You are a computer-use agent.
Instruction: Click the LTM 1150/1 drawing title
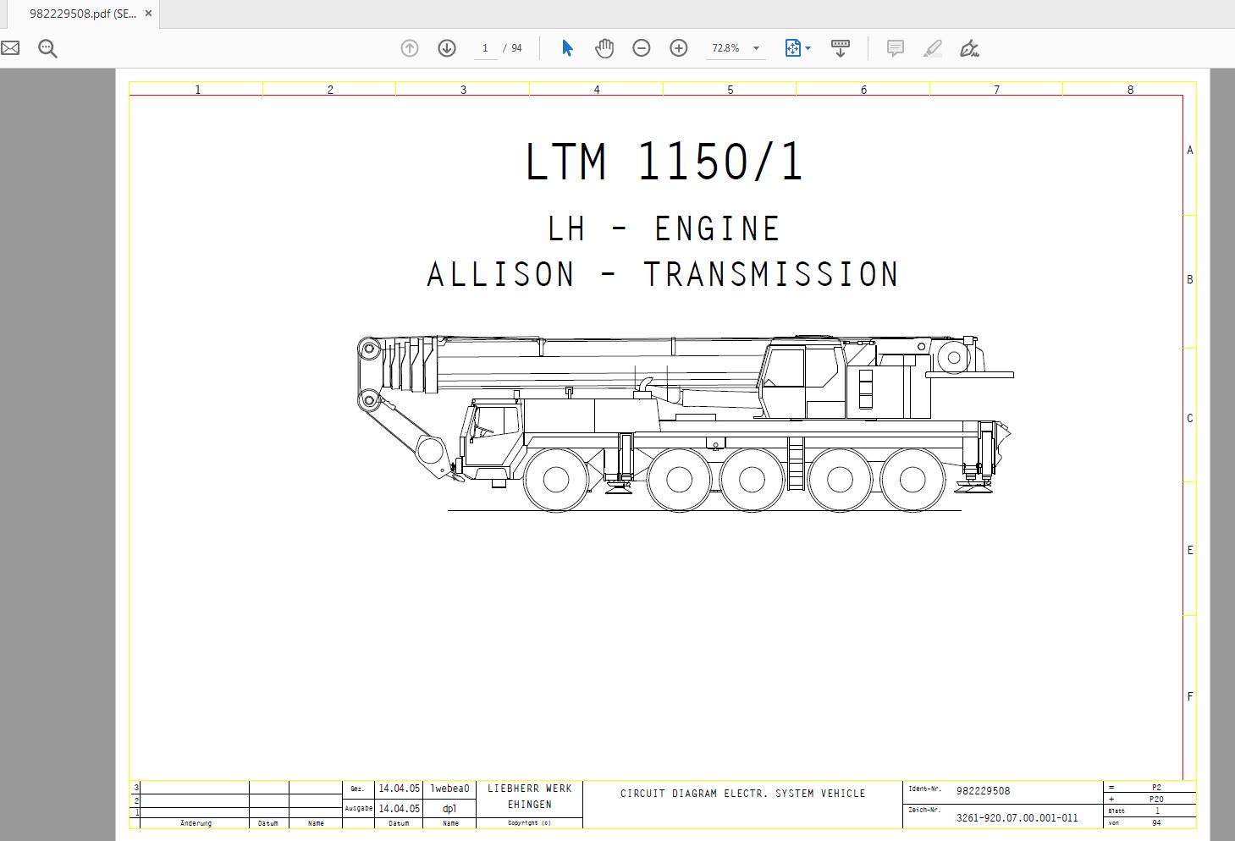click(664, 162)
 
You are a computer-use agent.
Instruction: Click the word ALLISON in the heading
click(500, 274)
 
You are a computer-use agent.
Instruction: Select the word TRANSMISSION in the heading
click(771, 274)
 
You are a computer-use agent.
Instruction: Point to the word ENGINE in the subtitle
click(717, 228)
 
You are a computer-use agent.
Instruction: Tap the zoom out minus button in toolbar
click(642, 48)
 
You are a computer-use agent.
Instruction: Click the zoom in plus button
click(678, 48)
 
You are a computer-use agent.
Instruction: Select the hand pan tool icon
click(604, 48)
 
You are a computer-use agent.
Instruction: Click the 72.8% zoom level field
click(725, 48)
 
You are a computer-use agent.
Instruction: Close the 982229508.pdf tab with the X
click(148, 14)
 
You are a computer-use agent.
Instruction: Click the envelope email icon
click(10, 48)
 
